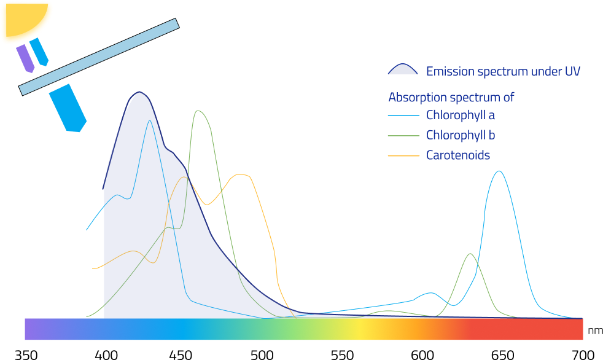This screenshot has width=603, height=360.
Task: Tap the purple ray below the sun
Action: [x=25, y=58]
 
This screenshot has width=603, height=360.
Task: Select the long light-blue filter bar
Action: [x=99, y=57]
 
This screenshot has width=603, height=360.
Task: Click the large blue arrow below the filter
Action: [x=68, y=108]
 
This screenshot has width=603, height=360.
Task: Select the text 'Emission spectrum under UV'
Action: [x=503, y=71]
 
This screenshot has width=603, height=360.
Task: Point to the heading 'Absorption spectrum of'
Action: [x=451, y=97]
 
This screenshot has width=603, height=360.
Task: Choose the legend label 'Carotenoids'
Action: [x=458, y=155]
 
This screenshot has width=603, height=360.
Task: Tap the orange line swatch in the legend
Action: [x=403, y=155]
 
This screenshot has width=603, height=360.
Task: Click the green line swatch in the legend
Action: [x=403, y=136]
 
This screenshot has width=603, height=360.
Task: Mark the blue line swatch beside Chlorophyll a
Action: [x=403, y=115]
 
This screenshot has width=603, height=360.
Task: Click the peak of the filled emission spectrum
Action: [x=140, y=93]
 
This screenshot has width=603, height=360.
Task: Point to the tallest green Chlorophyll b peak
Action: [x=198, y=111]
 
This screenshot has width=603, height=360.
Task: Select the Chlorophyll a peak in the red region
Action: [x=499, y=171]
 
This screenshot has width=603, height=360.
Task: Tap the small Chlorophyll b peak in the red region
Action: [x=470, y=254]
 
